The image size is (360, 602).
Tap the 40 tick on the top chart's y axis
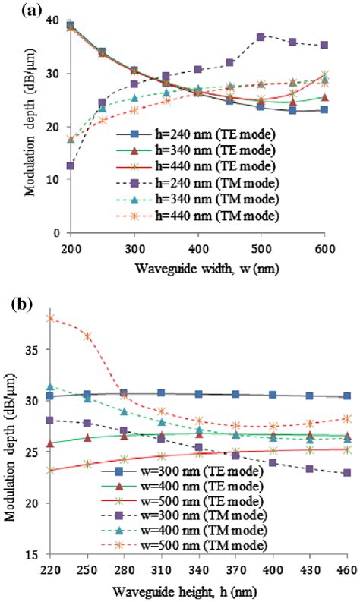(x=52, y=20)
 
